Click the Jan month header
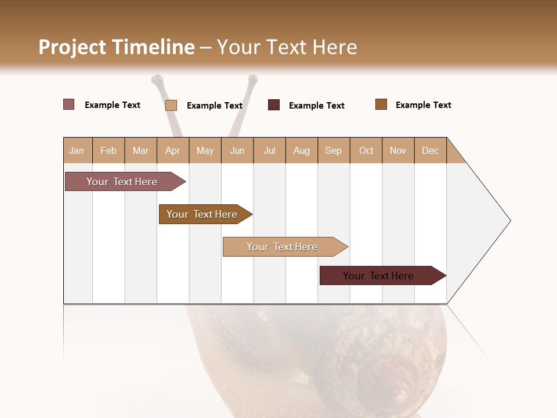coord(77,151)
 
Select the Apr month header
coord(172,151)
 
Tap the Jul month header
coord(269,151)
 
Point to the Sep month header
coord(333,151)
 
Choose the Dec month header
coord(430,151)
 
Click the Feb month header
coord(108,151)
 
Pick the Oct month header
coord(366,151)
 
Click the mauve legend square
coord(69,105)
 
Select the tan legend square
coord(171,105)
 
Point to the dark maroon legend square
coord(274,105)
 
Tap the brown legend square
coord(381,105)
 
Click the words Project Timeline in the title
coord(117,47)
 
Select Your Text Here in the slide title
coord(287,47)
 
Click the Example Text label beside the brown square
coord(423,105)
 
